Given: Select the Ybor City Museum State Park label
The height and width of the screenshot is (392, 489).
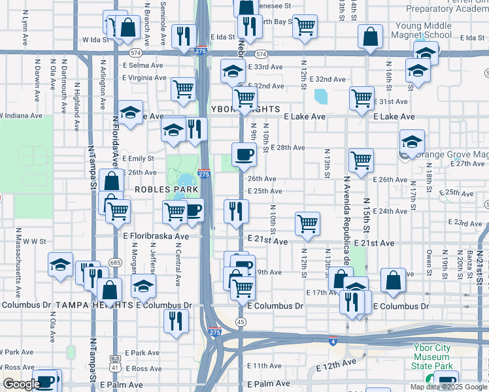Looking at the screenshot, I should pos(432,357).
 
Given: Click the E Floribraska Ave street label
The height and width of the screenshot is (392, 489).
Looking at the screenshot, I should pos(156,237).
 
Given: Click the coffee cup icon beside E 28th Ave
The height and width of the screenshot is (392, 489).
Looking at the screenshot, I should pos(244,155).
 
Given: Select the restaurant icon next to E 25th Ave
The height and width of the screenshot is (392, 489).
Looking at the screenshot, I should pos(236,210).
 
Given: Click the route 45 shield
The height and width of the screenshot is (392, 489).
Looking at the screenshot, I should pos(241,322).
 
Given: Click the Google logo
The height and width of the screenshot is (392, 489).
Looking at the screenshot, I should pos(22,384).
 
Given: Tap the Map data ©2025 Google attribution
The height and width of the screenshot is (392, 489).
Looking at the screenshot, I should pos(448,387).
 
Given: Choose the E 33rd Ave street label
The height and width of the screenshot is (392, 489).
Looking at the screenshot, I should pos(265,67).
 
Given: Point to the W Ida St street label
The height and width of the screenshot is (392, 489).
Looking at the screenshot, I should pos(95,40).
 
